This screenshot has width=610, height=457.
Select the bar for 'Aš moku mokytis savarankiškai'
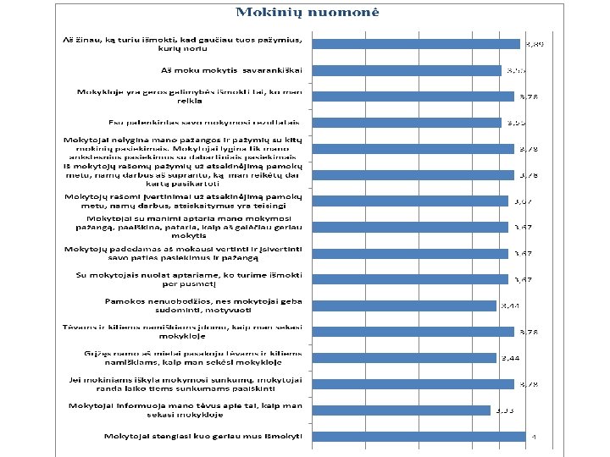[407, 70]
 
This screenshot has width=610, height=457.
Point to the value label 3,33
[506, 410]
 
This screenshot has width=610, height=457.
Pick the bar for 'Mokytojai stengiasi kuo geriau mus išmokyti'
[420, 437]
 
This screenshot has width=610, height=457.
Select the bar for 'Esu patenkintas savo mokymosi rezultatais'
[409, 123]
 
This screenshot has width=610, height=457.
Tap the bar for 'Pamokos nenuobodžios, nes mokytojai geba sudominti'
[404, 306]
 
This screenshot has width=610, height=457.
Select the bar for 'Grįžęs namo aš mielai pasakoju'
[404, 358]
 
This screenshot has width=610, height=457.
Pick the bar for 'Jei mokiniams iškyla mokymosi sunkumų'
[413, 384]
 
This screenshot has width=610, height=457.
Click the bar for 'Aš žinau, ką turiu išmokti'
[416, 44]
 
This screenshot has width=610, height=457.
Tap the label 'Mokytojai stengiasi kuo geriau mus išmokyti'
[206, 437]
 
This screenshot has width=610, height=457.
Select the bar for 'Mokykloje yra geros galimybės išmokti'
[413, 96]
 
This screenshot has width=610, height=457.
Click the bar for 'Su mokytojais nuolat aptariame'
[410, 279]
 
